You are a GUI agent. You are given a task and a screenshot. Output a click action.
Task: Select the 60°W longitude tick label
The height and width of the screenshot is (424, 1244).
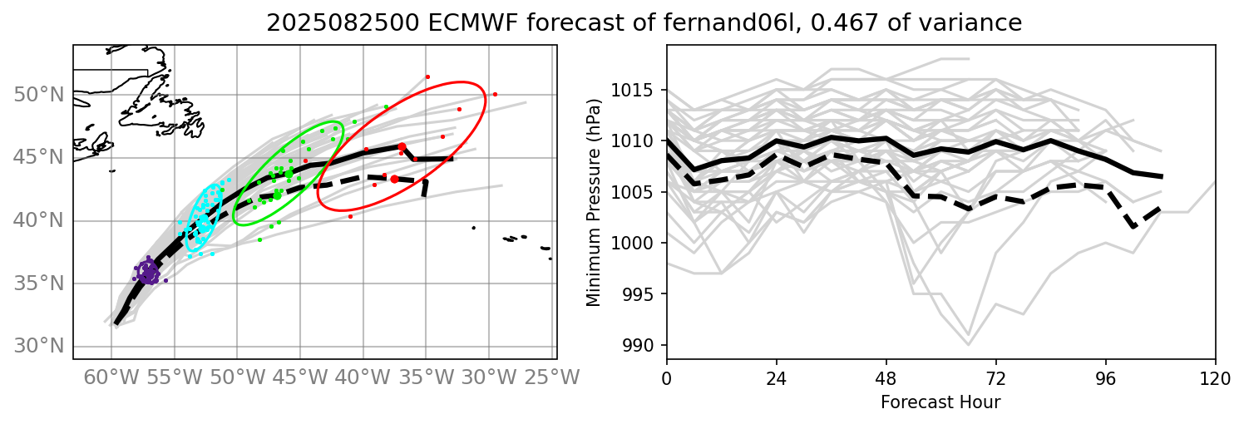[x=111, y=377]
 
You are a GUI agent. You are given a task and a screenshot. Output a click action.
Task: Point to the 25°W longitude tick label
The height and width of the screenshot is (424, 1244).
[x=551, y=377]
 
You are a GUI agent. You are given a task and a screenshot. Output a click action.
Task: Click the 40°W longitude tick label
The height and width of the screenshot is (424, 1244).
[x=363, y=377]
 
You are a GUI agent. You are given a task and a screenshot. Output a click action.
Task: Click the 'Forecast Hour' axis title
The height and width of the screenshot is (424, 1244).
[x=941, y=402]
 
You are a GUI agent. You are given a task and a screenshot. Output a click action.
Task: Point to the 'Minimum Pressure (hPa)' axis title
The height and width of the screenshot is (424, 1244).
[x=594, y=202]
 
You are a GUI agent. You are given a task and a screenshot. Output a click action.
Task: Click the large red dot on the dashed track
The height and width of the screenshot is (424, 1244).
[x=394, y=179]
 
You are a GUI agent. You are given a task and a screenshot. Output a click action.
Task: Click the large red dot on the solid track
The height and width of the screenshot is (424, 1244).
[x=402, y=146]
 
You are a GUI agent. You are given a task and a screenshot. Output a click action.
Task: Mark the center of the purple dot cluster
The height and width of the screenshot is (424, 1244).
[x=148, y=272]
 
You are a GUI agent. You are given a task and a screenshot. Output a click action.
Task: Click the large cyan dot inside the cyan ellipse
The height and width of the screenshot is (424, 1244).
[x=203, y=221]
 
